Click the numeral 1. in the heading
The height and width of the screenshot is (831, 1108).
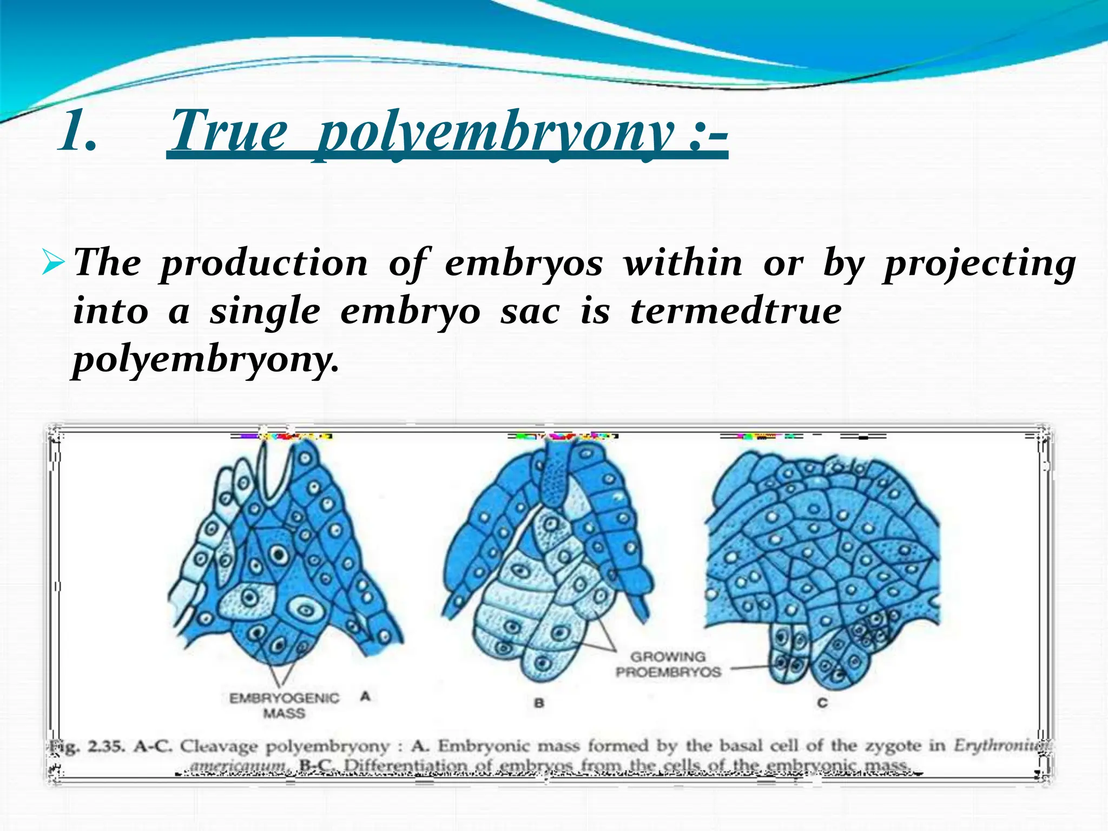78,131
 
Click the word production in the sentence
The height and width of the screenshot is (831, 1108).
264,263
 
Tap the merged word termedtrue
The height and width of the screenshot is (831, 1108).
736,312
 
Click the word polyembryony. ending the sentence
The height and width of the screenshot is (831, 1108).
206,360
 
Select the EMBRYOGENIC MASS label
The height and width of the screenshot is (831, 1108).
285,705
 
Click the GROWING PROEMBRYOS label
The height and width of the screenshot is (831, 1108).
668,664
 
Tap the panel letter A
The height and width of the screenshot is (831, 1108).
365,696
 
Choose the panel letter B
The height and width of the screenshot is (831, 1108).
539,703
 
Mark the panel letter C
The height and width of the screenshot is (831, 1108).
822,703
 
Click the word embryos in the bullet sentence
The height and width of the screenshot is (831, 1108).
524,263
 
